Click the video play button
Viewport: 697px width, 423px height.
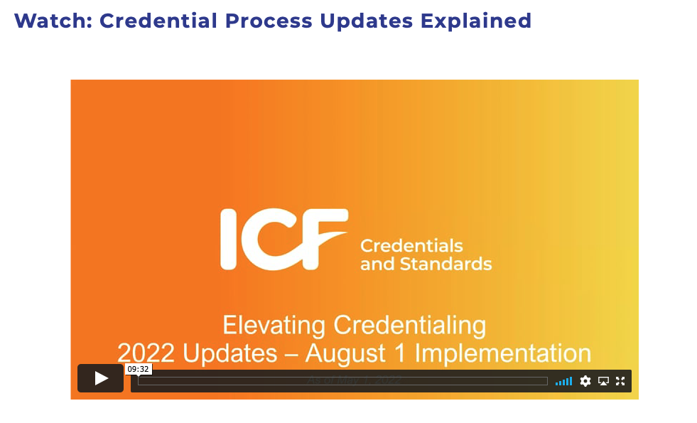click(x=100, y=378)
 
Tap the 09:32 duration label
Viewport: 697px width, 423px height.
click(x=138, y=369)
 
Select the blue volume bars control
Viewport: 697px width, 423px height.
click(x=563, y=381)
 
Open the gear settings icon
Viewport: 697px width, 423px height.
click(x=585, y=381)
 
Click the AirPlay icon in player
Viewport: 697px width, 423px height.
click(x=603, y=381)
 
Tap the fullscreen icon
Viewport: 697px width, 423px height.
click(x=620, y=381)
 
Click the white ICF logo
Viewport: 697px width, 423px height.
click(x=283, y=240)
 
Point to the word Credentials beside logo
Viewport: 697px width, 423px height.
click(x=411, y=247)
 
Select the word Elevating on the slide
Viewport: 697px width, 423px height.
click(x=274, y=326)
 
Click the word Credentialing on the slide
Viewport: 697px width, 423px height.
click(x=410, y=326)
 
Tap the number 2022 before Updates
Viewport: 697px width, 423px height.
click(x=147, y=353)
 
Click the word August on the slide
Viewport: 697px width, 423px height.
click(x=359, y=353)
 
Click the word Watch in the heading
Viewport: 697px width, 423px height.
click(x=53, y=21)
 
